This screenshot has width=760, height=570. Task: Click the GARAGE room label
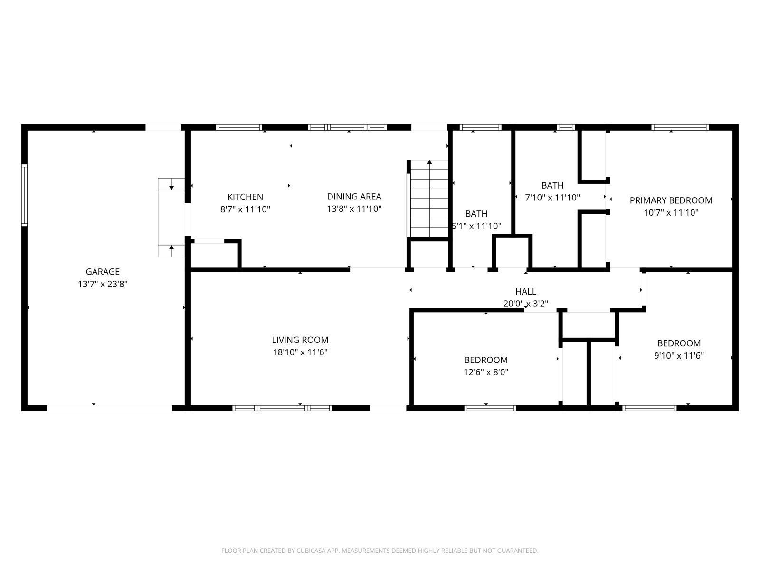click(103, 272)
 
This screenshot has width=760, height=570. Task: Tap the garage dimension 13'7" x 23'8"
click(103, 284)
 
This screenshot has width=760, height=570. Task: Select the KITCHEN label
click(245, 197)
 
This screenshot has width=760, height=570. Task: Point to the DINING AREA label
click(354, 197)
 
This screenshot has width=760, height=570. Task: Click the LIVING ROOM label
click(300, 340)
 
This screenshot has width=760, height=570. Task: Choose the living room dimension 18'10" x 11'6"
click(300, 352)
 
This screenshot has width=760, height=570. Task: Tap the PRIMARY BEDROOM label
click(671, 200)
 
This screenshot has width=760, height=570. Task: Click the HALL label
click(526, 291)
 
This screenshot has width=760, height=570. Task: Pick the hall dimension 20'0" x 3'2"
click(526, 304)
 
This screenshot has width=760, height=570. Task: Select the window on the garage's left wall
click(24, 196)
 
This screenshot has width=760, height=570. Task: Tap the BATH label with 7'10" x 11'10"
click(552, 186)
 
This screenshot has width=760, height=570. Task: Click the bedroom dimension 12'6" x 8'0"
click(486, 372)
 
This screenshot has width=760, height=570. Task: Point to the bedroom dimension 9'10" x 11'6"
click(679, 356)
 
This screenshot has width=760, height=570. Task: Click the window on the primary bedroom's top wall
click(680, 127)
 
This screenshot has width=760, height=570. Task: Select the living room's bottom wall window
click(282, 408)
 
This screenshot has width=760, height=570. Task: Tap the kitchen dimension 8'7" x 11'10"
click(245, 209)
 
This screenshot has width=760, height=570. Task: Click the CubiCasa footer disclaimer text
click(380, 551)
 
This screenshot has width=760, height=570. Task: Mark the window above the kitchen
click(239, 127)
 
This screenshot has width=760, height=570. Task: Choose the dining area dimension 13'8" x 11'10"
click(354, 209)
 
